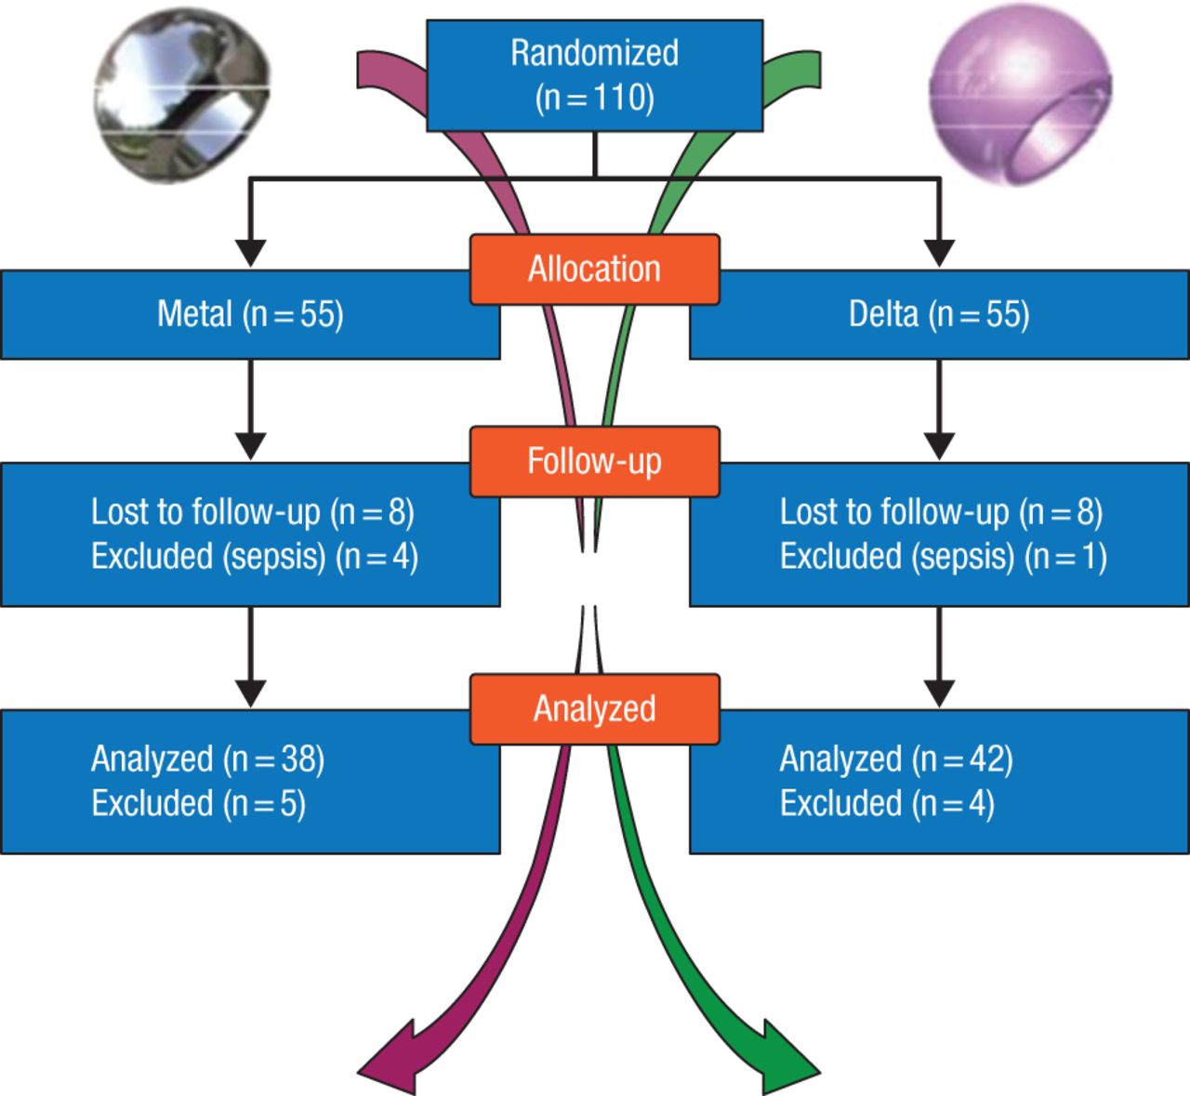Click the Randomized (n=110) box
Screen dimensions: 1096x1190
(594, 75)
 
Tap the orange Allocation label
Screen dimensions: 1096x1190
(594, 270)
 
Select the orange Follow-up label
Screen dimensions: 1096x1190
(594, 461)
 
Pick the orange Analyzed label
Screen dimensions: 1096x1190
(594, 709)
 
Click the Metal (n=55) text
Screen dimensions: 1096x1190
(250, 314)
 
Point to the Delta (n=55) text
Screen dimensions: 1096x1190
(939, 314)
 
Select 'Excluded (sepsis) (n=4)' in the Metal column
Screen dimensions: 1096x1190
(254, 557)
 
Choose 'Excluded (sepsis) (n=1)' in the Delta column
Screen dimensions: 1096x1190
(943, 557)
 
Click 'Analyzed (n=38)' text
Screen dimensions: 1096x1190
(207, 759)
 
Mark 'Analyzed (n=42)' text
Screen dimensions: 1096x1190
(896, 759)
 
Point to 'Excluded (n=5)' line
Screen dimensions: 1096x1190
(198, 803)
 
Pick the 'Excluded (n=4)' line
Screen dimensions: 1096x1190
(887, 803)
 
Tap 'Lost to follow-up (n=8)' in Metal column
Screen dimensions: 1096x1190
(252, 512)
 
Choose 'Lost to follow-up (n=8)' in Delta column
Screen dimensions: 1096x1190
(941, 512)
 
